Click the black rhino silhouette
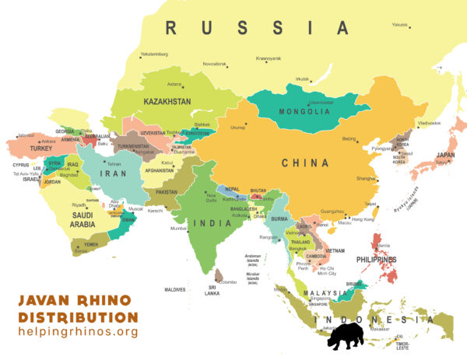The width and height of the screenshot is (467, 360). click(345, 336)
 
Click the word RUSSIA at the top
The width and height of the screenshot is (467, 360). click(258, 28)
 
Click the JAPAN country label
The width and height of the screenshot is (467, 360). click(446, 154)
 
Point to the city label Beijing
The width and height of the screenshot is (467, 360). click(349, 139)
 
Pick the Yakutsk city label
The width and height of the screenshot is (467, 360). click(399, 25)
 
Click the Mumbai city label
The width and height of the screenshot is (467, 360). click(178, 229)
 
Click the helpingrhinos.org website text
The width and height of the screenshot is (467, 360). click(78, 332)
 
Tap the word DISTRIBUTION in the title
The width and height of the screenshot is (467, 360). click(78, 317)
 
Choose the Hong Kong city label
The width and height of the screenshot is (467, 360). click(363, 219)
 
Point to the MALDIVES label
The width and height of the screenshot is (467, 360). click(175, 289)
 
